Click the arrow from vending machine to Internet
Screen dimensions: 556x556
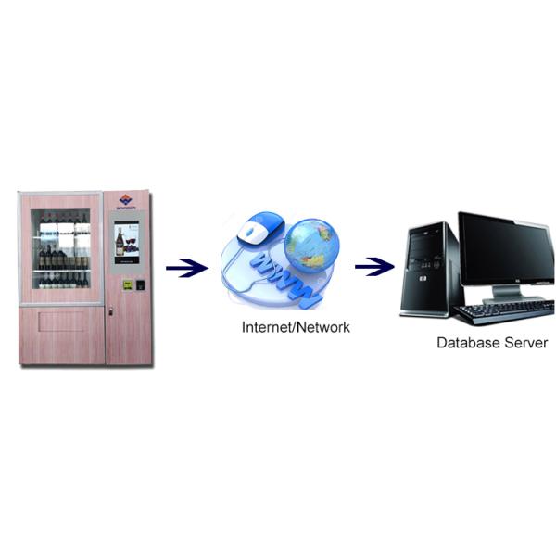(186, 269)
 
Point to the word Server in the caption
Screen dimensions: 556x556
(525, 343)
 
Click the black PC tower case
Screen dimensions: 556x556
(429, 269)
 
